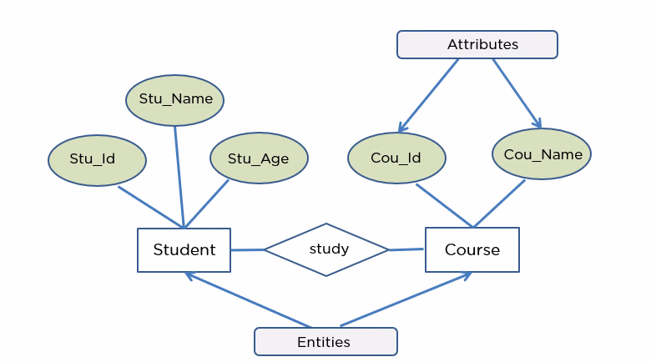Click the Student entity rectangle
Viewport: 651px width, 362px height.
184,249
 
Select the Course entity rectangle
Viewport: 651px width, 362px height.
472,249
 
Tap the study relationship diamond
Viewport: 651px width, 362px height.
327,249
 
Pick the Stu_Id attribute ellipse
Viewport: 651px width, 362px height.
97,159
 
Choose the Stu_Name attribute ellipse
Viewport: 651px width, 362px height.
175,99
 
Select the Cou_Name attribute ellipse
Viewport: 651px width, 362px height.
542,154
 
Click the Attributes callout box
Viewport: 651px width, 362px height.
477,44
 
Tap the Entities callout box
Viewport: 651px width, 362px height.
325,342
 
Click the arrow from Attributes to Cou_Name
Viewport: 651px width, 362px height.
517,93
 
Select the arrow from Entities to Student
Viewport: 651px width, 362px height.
248,300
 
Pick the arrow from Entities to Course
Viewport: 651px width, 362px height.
406,300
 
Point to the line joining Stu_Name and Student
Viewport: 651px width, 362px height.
179,175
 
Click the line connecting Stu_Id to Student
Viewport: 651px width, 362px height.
150,206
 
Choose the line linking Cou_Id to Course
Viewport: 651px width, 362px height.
444,204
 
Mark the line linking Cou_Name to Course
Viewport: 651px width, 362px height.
499,203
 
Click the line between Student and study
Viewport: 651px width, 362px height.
247,249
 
